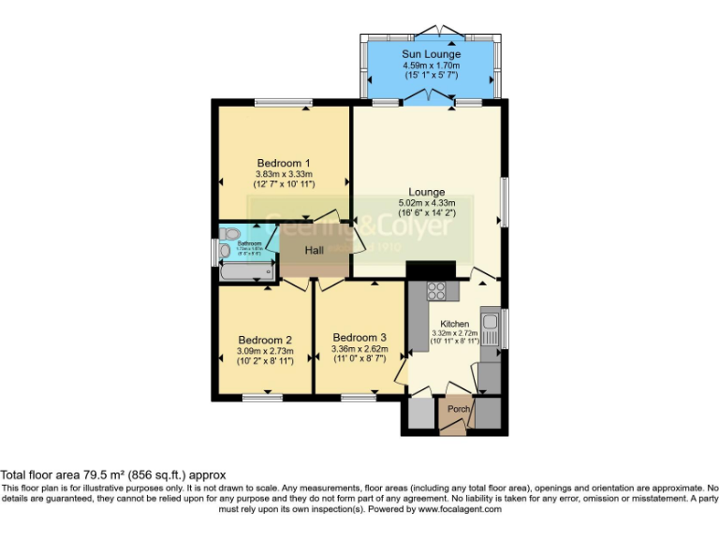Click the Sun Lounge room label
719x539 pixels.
(x=432, y=54)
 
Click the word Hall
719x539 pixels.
(x=314, y=250)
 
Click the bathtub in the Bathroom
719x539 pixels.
(x=246, y=272)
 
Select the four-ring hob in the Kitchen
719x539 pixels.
(x=437, y=290)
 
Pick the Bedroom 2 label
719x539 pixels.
(x=265, y=340)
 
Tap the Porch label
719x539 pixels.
(x=459, y=409)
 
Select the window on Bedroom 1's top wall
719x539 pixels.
(x=284, y=102)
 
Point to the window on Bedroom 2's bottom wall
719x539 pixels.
(x=262, y=398)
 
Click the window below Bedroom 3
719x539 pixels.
(x=359, y=398)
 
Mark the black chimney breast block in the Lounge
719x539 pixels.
(x=431, y=269)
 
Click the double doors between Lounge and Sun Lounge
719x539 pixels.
(x=429, y=97)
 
